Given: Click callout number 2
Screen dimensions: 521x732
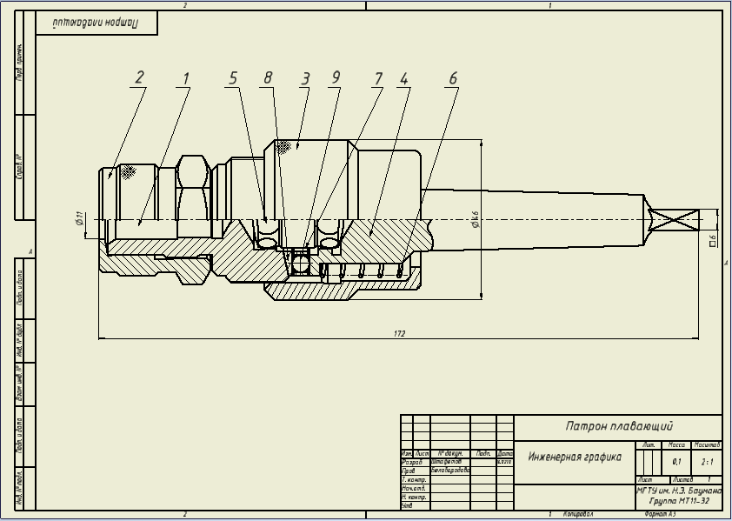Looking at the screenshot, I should pyautogui.click(x=138, y=77).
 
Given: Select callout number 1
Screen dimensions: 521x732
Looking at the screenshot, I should pyautogui.click(x=184, y=77).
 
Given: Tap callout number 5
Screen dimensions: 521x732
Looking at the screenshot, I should pyautogui.click(x=232, y=77).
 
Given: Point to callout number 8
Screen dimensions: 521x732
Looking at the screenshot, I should pyautogui.click(x=268, y=77).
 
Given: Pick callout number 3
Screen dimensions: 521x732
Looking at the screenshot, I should pyautogui.click(x=305, y=77).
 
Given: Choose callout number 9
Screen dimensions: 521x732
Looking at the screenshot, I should pyautogui.click(x=336, y=77).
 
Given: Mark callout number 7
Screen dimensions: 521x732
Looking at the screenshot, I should pyautogui.click(x=377, y=77).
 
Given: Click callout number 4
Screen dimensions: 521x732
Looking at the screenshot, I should pyautogui.click(x=403, y=77).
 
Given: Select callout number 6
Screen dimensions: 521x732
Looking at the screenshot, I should pyautogui.click(x=452, y=77).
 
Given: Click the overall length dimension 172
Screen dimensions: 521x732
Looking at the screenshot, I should pyautogui.click(x=399, y=333).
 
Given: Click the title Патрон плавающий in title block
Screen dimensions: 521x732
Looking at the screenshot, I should pyautogui.click(x=618, y=426).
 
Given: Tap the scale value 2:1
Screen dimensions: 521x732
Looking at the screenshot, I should pyautogui.click(x=707, y=462).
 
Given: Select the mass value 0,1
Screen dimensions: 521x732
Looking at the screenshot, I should pyautogui.click(x=676, y=462).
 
